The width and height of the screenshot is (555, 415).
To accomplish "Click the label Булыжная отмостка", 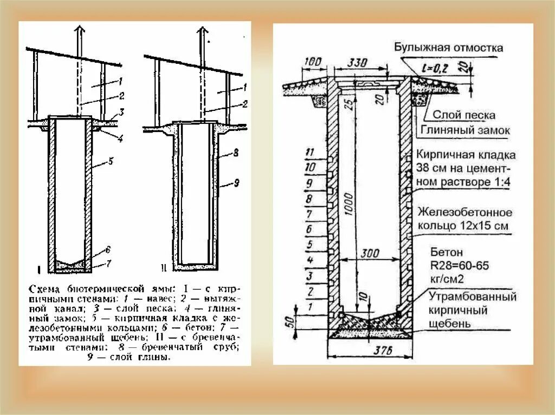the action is (449, 48).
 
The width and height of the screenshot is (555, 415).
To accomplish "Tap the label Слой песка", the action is (463, 115).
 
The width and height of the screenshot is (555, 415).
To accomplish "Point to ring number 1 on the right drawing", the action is (311, 307).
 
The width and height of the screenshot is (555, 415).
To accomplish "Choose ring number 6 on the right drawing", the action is (311, 229).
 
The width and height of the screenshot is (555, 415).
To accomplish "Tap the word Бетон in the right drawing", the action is (447, 252).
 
